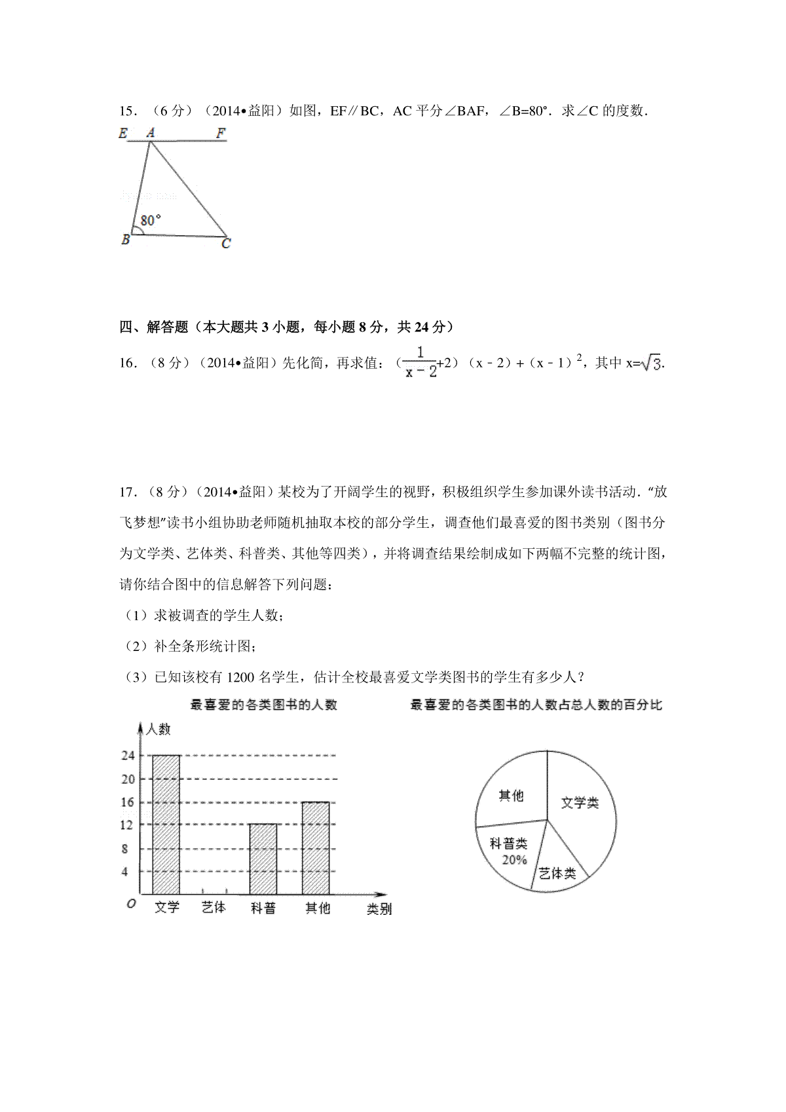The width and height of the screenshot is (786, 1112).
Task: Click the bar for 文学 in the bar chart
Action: coord(166,825)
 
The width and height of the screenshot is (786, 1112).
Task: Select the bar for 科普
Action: coord(263,859)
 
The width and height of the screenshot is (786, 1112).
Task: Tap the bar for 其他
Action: coord(316,847)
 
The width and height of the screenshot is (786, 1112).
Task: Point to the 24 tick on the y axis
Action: coord(128,755)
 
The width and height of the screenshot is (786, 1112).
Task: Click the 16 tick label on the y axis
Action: coord(128,802)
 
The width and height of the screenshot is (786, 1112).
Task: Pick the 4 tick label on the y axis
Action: coord(125,872)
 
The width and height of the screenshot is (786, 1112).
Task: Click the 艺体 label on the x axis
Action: coord(214,908)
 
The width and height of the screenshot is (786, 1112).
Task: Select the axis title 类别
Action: coord(379,909)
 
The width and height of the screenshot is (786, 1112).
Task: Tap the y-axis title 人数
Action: coord(159,729)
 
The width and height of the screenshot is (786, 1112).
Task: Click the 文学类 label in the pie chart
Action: coord(580,802)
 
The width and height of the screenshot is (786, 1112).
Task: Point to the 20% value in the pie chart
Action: coord(514,860)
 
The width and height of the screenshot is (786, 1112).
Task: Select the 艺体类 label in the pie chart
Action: coord(557,873)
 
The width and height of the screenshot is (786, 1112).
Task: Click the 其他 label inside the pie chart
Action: coord(511,795)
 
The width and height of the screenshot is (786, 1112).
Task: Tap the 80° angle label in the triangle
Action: coord(151,220)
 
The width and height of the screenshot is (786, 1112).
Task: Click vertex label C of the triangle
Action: coord(226,244)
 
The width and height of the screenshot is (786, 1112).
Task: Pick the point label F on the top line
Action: coord(221,134)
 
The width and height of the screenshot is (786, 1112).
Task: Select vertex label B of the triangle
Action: coord(126,240)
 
